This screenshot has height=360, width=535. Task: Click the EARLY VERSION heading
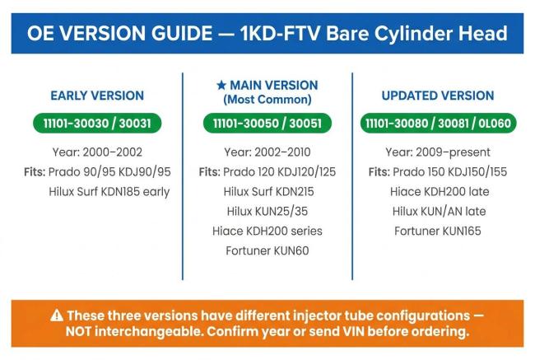[97, 96]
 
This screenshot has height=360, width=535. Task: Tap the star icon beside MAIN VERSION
[221, 85]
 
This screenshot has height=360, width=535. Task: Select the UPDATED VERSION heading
[438, 96]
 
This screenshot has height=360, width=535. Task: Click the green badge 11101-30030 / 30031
[97, 124]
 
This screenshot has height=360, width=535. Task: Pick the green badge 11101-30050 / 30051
[267, 124]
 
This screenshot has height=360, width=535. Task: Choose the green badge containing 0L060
[439, 124]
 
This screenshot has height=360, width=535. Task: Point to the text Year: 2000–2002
[97, 152]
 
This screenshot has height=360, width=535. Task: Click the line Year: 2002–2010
[267, 152]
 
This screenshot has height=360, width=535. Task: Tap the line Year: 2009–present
[438, 152]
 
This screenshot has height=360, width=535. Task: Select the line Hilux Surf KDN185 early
[109, 192]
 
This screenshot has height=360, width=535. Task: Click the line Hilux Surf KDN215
[268, 192]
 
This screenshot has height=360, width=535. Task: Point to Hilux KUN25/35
[267, 212]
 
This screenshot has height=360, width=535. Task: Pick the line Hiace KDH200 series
[267, 231]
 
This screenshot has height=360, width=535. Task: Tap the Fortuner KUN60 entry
[267, 251]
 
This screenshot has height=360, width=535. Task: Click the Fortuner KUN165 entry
[438, 231]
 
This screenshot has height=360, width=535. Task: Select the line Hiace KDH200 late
[440, 192]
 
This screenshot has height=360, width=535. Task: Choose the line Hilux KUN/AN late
[440, 212]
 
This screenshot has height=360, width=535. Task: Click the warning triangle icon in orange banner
[57, 316]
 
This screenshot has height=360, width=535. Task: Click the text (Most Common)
[267, 100]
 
